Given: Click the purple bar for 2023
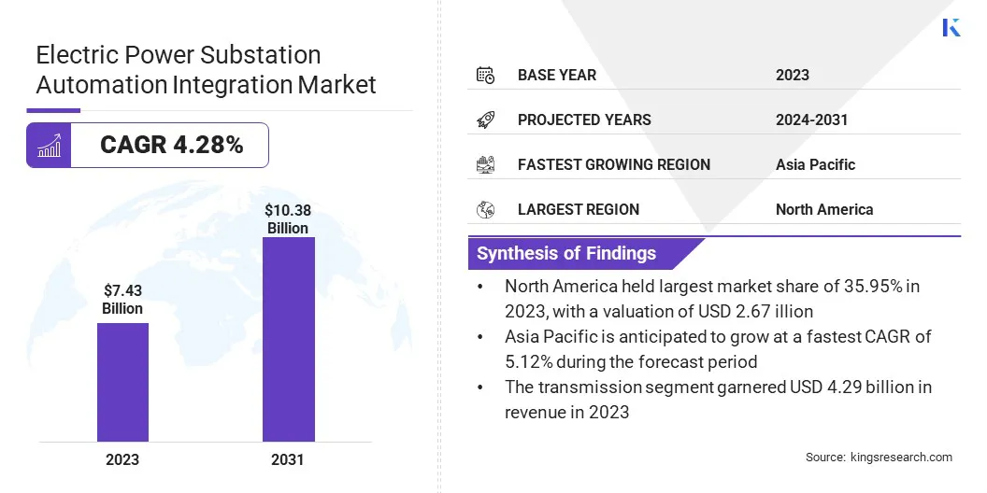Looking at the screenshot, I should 122,382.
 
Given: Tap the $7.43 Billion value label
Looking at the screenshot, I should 122,299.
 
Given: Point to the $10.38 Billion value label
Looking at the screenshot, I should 287,219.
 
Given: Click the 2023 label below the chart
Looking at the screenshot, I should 122,459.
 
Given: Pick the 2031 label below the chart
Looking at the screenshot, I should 287,459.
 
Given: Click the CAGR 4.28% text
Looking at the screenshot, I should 171,145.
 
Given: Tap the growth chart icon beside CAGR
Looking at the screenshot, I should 49,145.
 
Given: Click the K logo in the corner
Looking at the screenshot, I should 951,27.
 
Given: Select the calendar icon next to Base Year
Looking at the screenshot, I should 485,75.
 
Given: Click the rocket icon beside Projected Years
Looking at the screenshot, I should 485,120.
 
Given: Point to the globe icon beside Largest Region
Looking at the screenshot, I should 485,209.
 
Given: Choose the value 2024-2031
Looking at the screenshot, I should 811,120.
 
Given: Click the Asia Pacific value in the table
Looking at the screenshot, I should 815,164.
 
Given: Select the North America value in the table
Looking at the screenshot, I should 823,209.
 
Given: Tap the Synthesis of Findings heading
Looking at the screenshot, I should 566,254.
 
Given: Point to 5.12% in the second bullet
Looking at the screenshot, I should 534,361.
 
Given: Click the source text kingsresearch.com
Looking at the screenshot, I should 901,457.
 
